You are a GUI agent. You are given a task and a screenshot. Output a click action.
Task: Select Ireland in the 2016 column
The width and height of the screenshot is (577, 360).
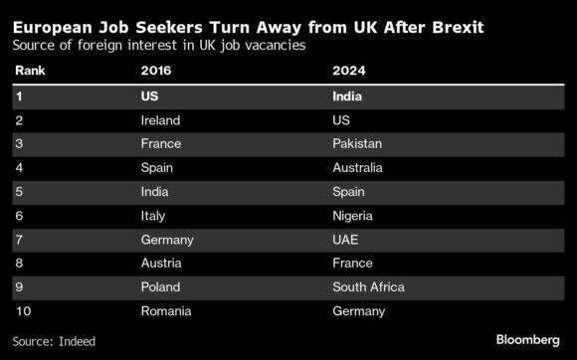[162, 120]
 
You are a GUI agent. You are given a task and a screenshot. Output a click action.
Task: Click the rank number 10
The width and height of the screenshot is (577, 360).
[21, 311]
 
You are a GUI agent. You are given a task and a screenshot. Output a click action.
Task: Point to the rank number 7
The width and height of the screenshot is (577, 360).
[18, 240]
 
